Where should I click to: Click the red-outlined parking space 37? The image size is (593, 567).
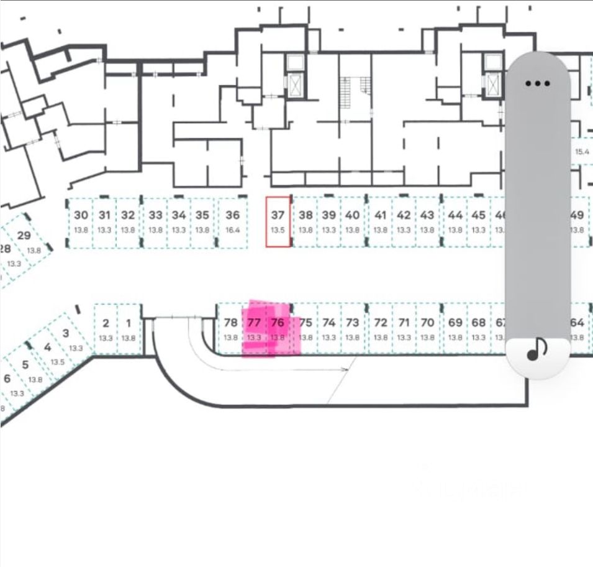coord(278,221)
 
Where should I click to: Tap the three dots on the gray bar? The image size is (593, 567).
coord(537,83)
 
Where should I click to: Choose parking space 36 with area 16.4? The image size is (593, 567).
coord(232,221)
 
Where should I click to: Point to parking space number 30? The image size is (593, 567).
coord(81,221)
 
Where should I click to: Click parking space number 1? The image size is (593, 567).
coord(129,329)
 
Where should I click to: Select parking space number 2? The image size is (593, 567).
coord(106,329)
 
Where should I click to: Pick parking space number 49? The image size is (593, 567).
coord(577,221)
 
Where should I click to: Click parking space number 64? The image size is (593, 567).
coord(577,329)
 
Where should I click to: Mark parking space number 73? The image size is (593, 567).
coord(352,329)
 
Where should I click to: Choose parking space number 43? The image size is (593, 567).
coord(427,221)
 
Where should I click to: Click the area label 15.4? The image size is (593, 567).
coord(582,152)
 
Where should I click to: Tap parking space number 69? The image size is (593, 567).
coord(455,329)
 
